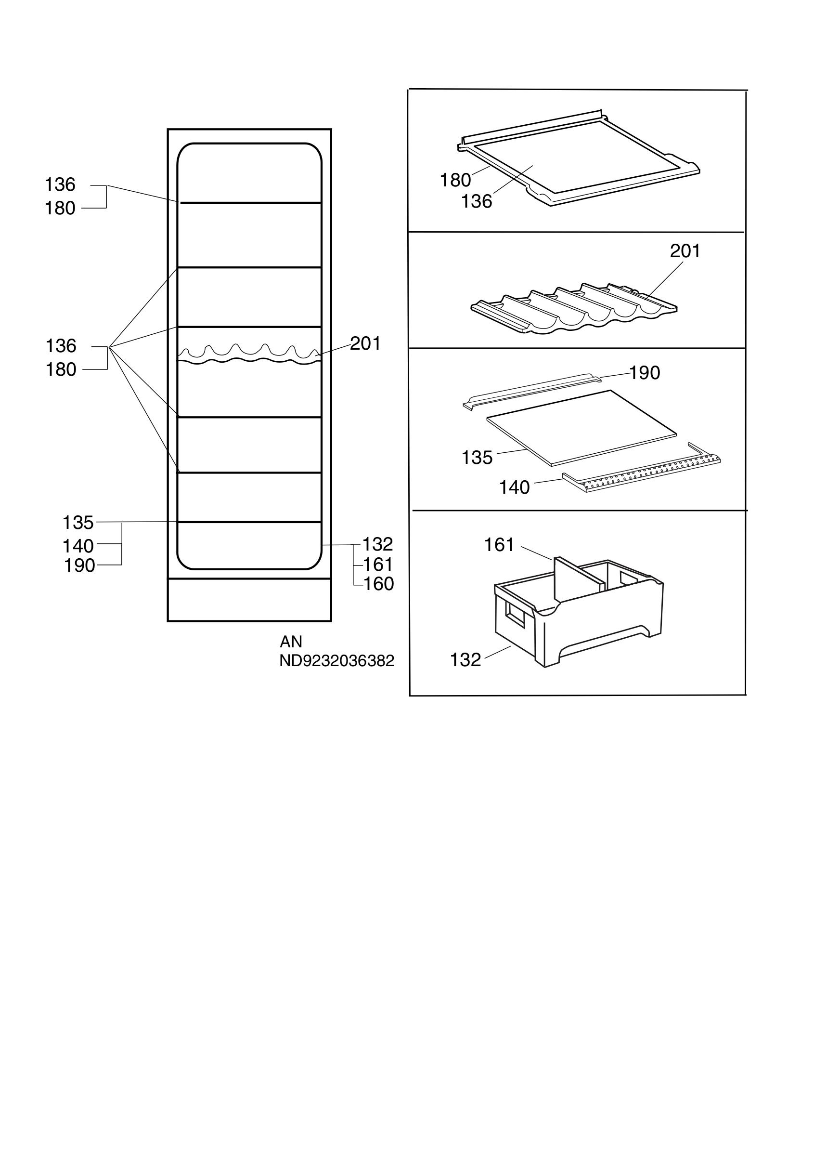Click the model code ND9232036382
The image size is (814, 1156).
tap(336, 660)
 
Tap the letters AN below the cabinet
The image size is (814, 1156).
tap(291, 642)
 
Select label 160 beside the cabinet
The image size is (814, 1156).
tap(378, 584)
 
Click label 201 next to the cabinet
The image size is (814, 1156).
tap(365, 343)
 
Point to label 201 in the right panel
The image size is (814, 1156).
tap(685, 251)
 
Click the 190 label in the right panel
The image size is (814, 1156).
tap(645, 373)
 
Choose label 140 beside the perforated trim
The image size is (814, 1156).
tap(514, 487)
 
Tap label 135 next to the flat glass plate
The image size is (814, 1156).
tap(477, 458)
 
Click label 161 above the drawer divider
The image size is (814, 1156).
tap(499, 545)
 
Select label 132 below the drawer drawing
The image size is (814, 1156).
tap(465, 659)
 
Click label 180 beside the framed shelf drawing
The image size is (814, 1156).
tap(455, 180)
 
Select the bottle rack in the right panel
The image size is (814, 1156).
tap(573, 308)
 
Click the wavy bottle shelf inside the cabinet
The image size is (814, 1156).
tap(249, 355)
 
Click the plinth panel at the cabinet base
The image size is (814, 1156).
tap(249, 600)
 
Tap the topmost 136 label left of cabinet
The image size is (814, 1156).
tap(60, 185)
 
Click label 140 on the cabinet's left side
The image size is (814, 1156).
tap(78, 546)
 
